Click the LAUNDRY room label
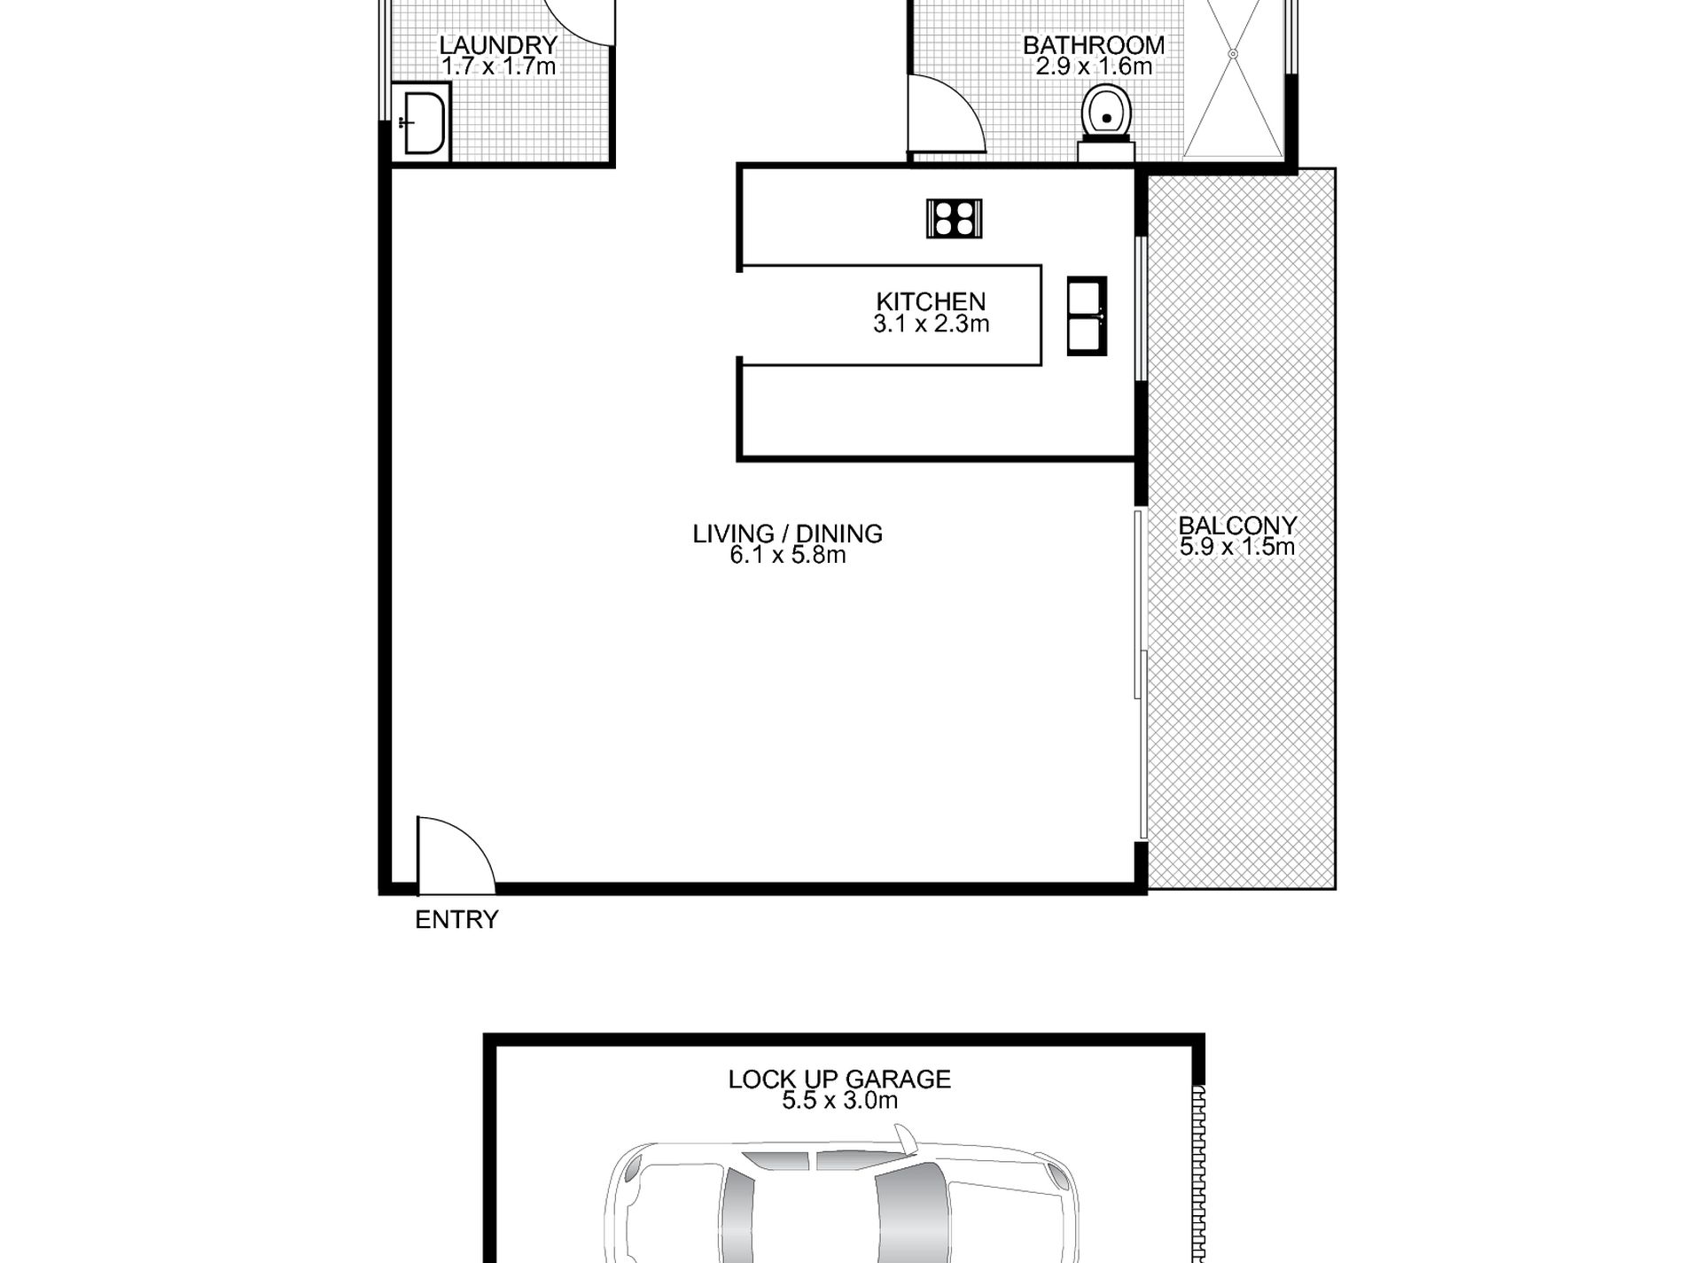[x=498, y=45]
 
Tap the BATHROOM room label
[x=1094, y=45]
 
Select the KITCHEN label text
[x=931, y=302]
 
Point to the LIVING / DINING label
[x=787, y=534]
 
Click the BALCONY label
[x=1237, y=526]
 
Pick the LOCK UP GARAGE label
[x=839, y=1080]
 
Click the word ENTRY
[x=456, y=920]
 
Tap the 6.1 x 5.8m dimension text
[x=788, y=556]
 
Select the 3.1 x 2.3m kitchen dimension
[x=931, y=324]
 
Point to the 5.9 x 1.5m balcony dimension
[x=1237, y=547]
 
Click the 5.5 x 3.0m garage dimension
[x=839, y=1101]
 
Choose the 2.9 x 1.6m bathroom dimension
[x=1094, y=66]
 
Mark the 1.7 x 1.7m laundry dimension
[x=498, y=66]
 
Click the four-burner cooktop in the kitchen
[x=954, y=218]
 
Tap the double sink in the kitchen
[x=1087, y=316]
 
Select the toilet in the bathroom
[x=1106, y=123]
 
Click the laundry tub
[x=421, y=123]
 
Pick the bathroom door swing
[x=947, y=115]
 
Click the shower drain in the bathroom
[x=1232, y=54]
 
